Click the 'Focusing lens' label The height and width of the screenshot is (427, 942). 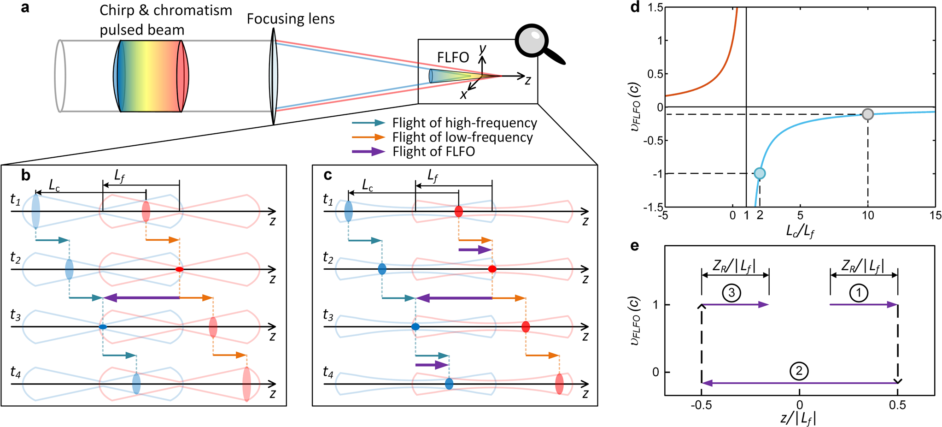(x=291, y=19)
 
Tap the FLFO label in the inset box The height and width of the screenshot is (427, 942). (x=453, y=58)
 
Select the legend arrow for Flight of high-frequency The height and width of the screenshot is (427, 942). (x=369, y=123)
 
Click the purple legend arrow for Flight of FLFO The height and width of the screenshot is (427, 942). (x=369, y=151)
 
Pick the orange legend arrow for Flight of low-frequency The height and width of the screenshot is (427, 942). (x=369, y=137)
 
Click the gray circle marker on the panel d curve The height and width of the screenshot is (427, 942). (x=867, y=114)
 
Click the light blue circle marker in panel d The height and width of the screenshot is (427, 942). (x=760, y=173)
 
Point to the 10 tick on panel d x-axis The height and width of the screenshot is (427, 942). (x=868, y=215)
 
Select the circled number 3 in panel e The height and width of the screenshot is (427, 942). (x=731, y=292)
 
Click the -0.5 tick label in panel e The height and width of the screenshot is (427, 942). (x=701, y=405)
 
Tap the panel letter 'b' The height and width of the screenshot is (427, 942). (x=26, y=175)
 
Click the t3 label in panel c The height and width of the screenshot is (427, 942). (x=328, y=316)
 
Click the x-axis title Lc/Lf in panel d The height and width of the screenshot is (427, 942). (x=800, y=230)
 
